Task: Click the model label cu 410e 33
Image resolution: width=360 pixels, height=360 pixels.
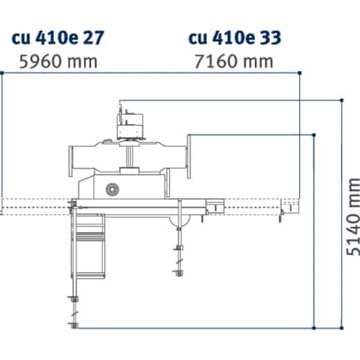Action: [x=235, y=36]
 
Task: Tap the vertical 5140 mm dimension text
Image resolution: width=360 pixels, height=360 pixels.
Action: [x=353, y=216]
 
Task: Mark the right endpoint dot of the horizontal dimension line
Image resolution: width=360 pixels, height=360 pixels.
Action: [x=299, y=72]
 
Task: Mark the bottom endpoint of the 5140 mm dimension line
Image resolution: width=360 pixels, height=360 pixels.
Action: [x=343, y=327]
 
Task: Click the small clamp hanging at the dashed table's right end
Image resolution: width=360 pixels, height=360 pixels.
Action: [x=282, y=215]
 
